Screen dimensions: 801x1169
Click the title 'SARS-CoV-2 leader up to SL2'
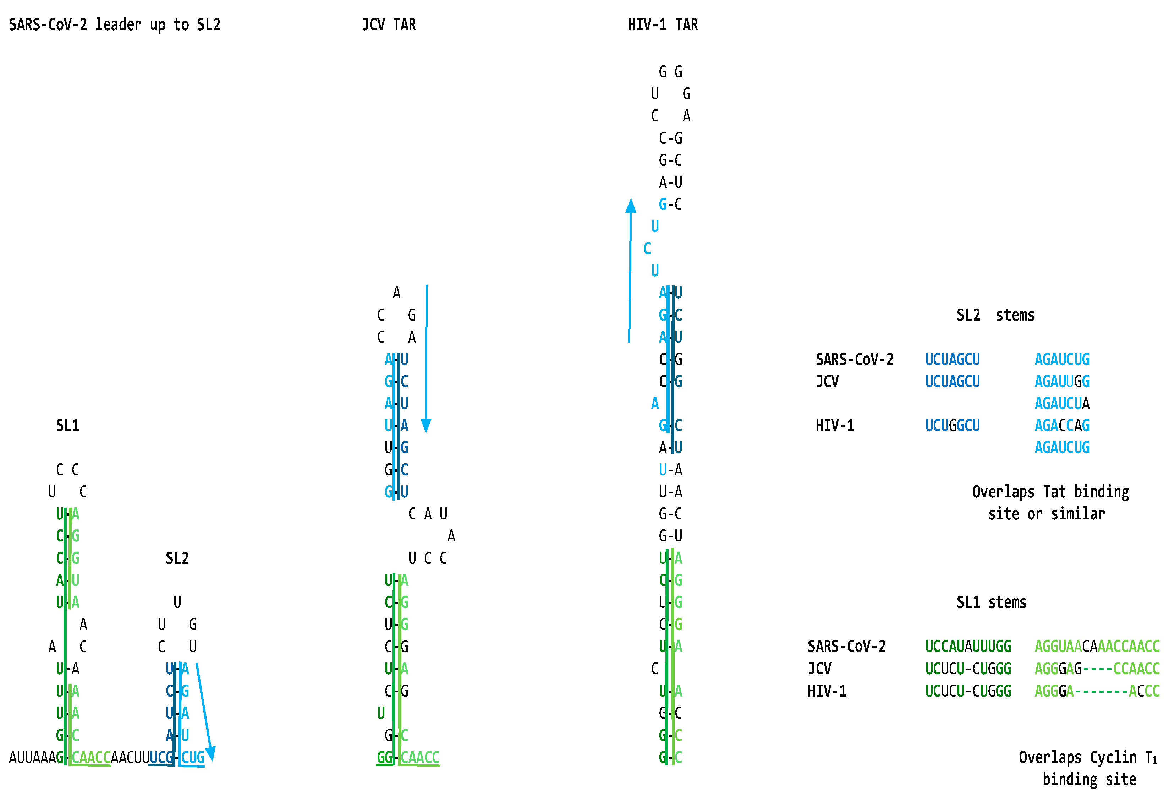click(115, 24)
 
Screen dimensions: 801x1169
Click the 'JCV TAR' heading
click(389, 24)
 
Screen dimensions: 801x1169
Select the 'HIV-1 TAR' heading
click(663, 24)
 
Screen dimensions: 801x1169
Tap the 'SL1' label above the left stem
click(67, 426)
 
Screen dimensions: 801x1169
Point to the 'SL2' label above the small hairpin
click(177, 558)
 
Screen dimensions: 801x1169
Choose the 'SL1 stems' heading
click(991, 602)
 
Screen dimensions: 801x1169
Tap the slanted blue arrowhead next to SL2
click(211, 753)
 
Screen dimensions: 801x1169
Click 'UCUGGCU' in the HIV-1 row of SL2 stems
click(952, 426)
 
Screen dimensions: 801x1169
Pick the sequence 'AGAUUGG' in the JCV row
click(1062, 381)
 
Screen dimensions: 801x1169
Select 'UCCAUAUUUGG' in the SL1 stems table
click(968, 647)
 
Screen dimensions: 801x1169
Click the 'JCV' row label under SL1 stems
click(819, 669)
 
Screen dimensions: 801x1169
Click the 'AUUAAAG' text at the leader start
click(36, 757)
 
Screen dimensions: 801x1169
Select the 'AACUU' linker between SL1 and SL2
click(130, 757)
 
